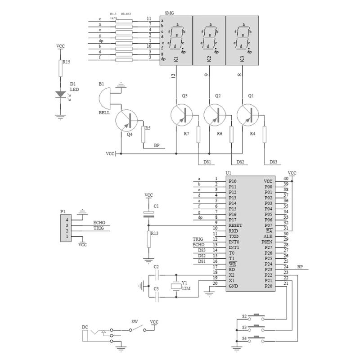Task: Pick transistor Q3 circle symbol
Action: [x=182, y=115]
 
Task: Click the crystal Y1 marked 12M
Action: [x=176, y=285]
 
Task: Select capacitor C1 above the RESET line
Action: [x=148, y=214]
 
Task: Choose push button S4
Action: [x=257, y=338]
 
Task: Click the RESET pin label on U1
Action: [x=235, y=225]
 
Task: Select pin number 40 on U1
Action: [x=286, y=179]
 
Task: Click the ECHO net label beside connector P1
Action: [x=99, y=222]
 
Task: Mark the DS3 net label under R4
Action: [x=273, y=162]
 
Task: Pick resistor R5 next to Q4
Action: [x=143, y=134]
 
